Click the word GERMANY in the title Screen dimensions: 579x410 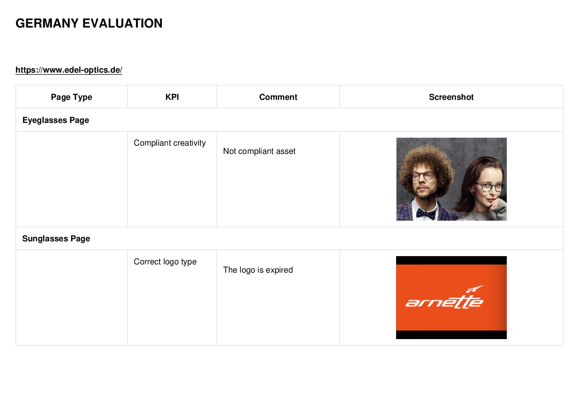(x=47, y=23)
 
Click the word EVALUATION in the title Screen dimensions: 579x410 (x=122, y=23)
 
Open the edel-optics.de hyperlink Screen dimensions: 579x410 (x=69, y=70)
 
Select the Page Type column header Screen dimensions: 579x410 (x=71, y=97)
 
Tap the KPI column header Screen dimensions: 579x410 (x=172, y=97)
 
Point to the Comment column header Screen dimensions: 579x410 (x=278, y=97)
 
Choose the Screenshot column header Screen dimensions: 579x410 (x=451, y=97)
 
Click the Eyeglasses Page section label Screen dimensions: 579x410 (x=56, y=120)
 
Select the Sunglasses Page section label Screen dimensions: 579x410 (x=56, y=238)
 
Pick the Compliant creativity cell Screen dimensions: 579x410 (x=170, y=143)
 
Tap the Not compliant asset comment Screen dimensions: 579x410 (x=259, y=151)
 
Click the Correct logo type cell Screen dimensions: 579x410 (x=165, y=262)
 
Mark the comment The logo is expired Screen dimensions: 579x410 (x=258, y=270)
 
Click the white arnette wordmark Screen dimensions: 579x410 (x=444, y=302)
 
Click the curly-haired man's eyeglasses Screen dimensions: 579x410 (x=423, y=176)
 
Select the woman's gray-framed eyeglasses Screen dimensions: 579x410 (x=489, y=187)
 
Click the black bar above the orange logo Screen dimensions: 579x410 (x=451, y=260)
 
